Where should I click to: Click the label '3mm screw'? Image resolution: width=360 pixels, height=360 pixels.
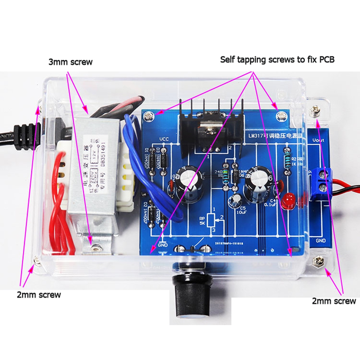coord(71,62)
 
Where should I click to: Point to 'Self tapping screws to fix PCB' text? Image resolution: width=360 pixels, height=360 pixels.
coord(277,59)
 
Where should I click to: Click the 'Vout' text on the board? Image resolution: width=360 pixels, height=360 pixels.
coord(318,140)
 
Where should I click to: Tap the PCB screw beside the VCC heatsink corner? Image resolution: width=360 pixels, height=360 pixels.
coord(148,116)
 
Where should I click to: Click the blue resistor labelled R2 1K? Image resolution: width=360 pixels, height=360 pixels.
coord(287,157)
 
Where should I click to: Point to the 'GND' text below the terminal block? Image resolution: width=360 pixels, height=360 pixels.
coord(320,240)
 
